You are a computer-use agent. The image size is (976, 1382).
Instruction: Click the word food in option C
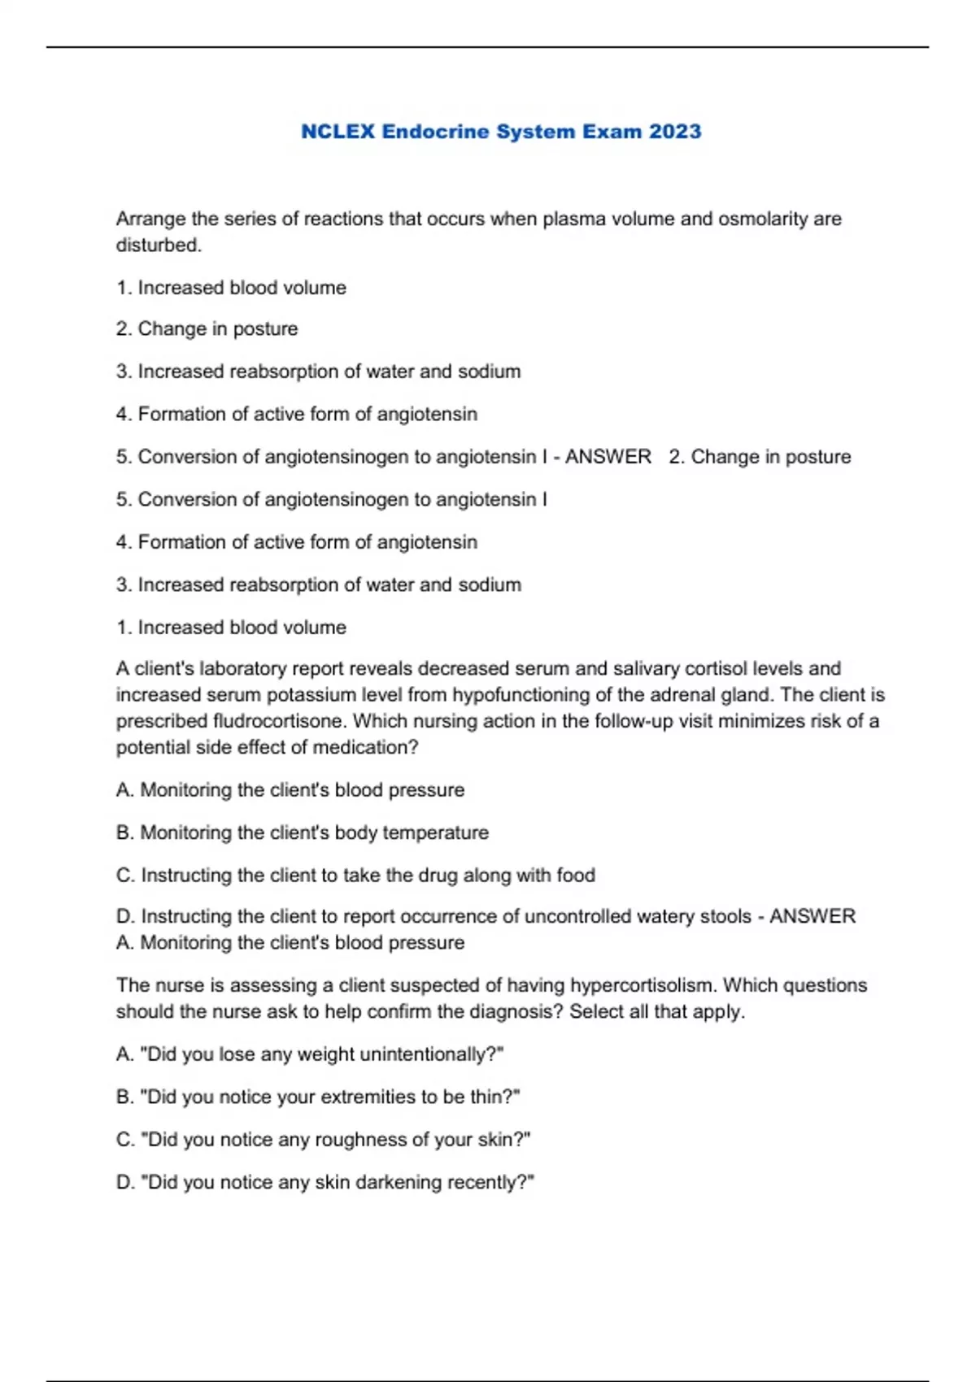[x=576, y=876]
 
